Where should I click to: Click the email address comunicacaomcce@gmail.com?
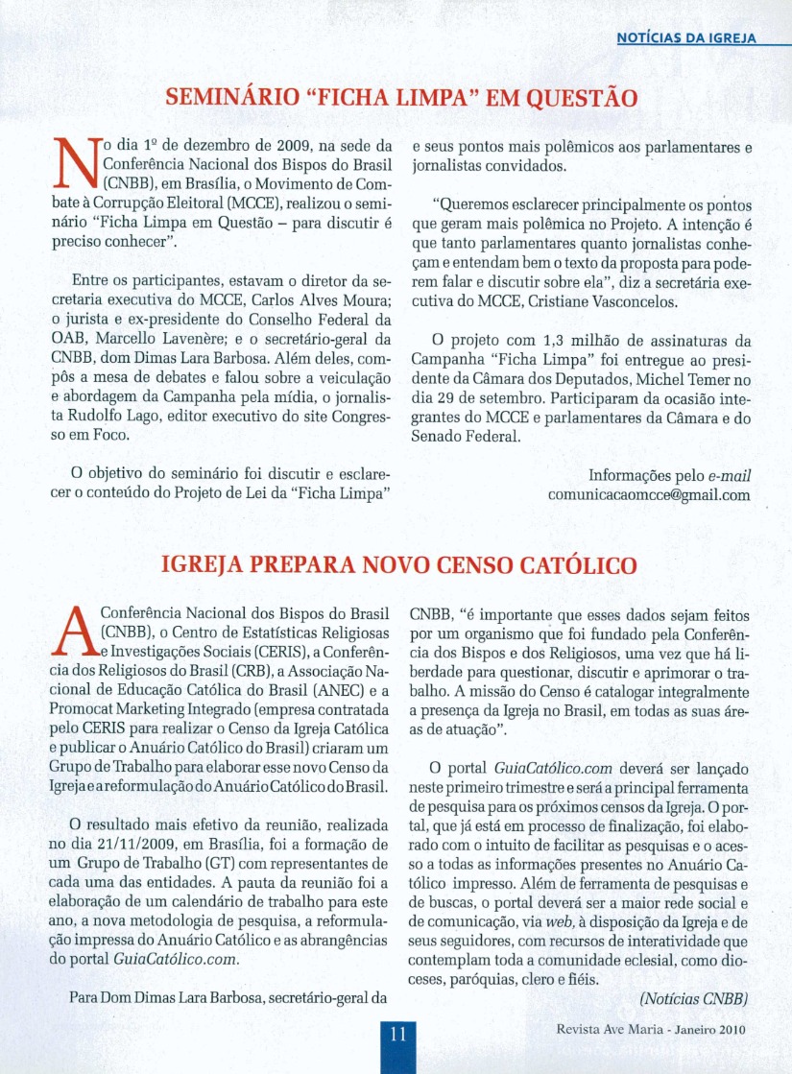(x=649, y=496)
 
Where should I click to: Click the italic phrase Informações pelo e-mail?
(x=669, y=476)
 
